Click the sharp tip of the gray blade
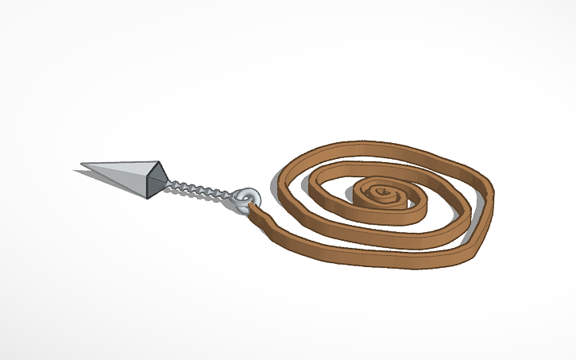click(82, 168)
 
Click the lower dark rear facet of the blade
click(153, 188)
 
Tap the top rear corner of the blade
click(159, 164)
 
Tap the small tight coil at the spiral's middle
click(380, 193)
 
